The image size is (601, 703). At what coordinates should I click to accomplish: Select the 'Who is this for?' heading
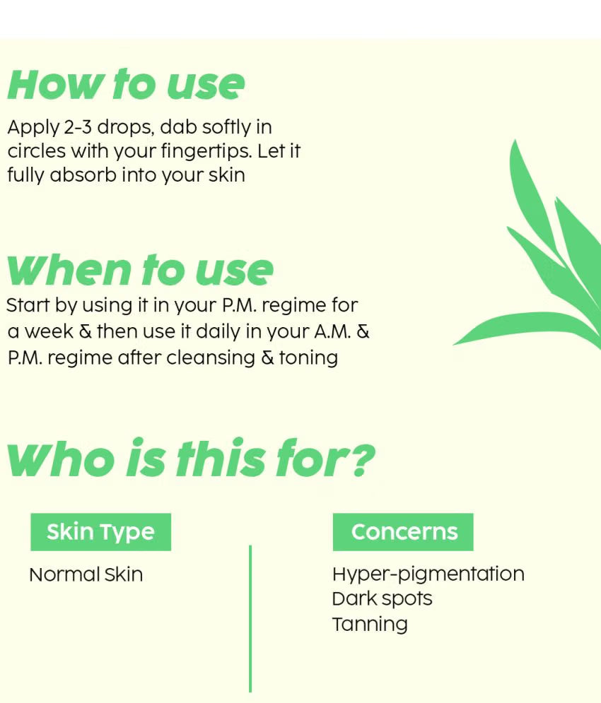[191, 458]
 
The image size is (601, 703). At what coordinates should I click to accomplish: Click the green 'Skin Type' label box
[100, 532]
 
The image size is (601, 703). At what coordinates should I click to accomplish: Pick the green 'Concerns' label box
[403, 532]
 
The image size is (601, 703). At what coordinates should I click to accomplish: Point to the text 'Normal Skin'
[86, 574]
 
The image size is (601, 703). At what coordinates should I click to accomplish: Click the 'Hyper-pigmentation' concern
[428, 574]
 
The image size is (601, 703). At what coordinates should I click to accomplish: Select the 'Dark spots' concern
[382, 599]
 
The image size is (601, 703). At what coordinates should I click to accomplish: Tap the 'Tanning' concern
[370, 624]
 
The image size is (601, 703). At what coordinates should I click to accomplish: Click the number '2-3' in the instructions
[78, 127]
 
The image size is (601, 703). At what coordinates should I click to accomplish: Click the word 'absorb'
[83, 175]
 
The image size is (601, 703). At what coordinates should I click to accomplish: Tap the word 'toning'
[308, 358]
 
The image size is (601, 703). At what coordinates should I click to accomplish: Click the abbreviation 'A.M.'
[332, 332]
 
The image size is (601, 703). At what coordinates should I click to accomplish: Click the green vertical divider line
[250, 619]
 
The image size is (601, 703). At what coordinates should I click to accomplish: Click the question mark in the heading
[363, 459]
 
